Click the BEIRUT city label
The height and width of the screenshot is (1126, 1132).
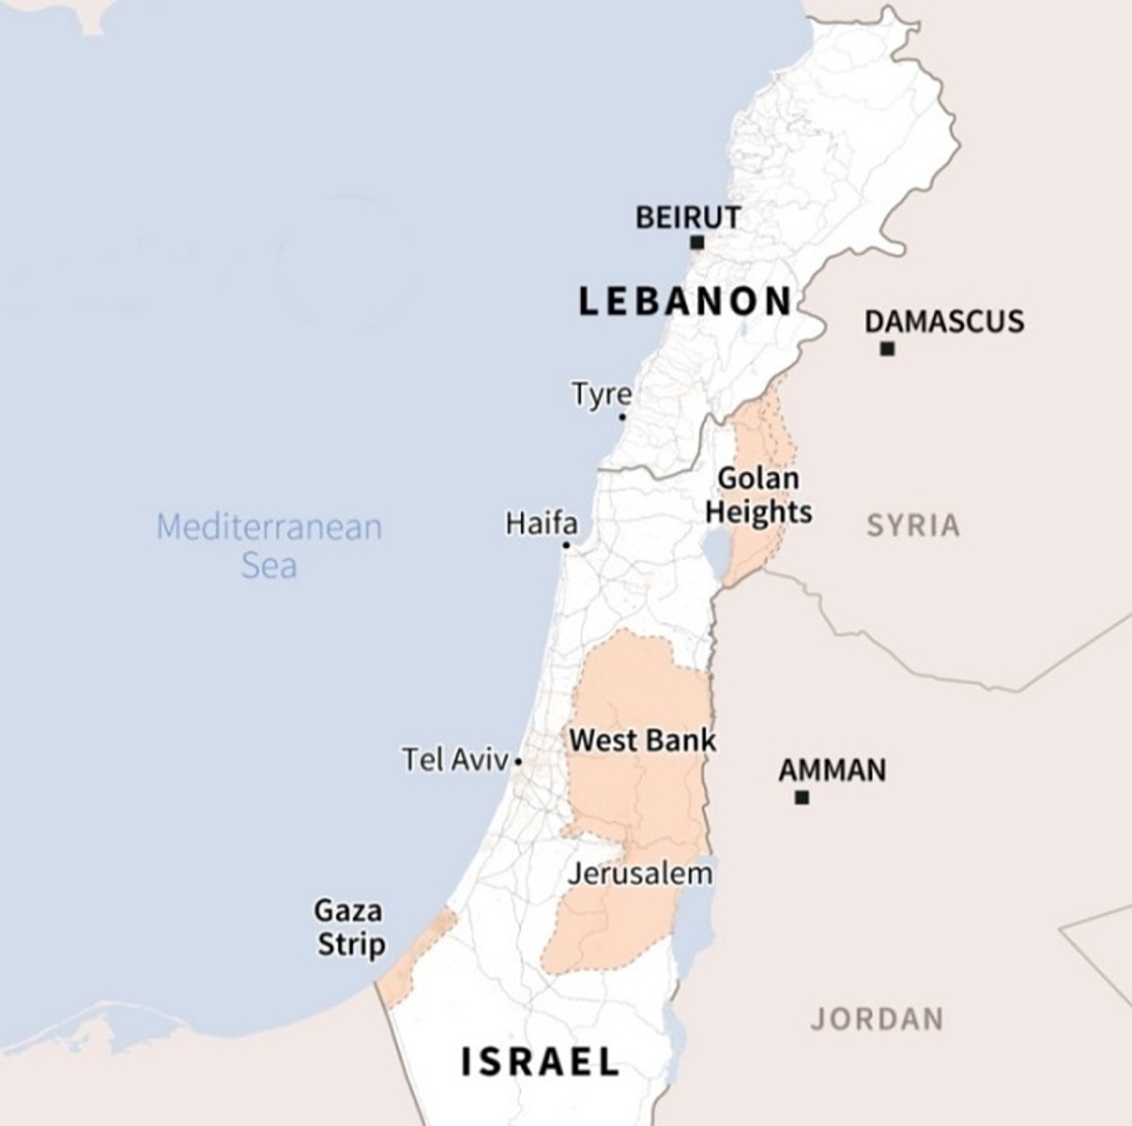(688, 218)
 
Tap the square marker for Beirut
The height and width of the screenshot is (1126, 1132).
(697, 243)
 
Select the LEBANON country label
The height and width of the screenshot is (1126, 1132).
(685, 301)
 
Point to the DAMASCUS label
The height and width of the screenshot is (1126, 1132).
(944, 322)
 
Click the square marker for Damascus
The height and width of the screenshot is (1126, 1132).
(887, 349)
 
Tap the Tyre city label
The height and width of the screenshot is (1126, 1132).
(601, 394)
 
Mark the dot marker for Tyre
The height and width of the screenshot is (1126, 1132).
(623, 416)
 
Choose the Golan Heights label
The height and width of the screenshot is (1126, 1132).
(758, 496)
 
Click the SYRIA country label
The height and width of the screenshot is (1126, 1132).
(913, 526)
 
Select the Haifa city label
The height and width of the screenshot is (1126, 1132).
(541, 523)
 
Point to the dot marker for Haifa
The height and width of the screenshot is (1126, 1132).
(566, 545)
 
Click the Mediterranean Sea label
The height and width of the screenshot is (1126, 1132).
(269, 546)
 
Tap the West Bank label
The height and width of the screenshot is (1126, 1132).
(642, 740)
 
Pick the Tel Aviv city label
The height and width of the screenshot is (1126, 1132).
(455, 759)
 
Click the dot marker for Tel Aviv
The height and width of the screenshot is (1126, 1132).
(518, 761)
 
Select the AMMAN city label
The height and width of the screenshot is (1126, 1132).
(832, 771)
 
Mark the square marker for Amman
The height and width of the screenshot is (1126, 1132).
(802, 798)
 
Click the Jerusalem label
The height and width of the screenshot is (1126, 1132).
(640, 874)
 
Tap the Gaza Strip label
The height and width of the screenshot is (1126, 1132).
(350, 928)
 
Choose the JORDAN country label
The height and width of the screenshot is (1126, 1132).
(876, 1019)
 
